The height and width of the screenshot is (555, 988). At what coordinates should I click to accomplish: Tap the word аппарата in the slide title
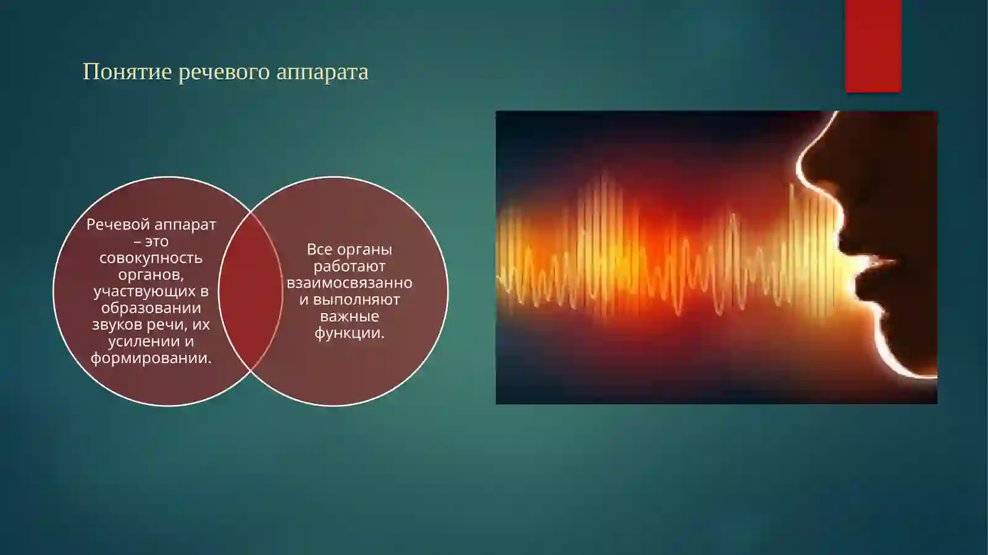pos(322,72)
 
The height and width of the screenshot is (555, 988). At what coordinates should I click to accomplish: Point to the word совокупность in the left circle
pos(151,258)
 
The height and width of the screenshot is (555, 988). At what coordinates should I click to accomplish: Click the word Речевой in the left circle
pos(117,225)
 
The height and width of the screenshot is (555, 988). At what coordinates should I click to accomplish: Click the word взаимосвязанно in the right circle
pos(350,283)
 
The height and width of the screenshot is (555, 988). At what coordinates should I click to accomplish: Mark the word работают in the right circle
pos(350,267)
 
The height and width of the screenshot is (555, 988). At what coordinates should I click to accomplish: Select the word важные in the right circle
pos(350,317)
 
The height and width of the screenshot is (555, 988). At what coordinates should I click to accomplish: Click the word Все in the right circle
pos(319,250)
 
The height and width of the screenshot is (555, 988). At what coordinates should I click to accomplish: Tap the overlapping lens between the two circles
pos(250,291)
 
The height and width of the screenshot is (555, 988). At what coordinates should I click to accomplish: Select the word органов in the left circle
pos(150,275)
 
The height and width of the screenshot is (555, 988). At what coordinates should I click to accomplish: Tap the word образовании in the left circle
pos(151,308)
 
